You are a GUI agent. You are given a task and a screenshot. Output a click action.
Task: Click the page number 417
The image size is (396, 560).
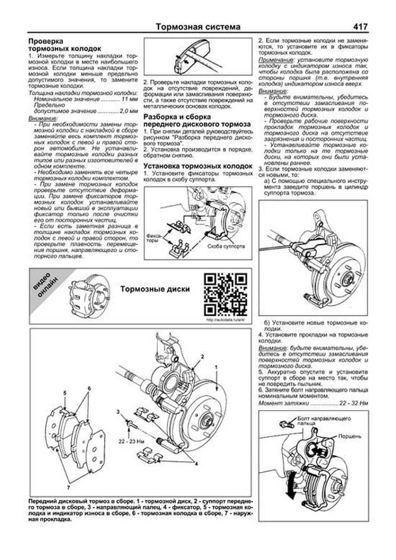click(x=360, y=27)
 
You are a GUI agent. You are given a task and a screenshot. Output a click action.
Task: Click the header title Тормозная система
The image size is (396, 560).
click(x=198, y=27)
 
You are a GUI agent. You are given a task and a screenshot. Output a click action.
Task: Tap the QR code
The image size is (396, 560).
click(x=225, y=294)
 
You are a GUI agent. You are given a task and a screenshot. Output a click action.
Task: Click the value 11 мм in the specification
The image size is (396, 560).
click(x=129, y=99)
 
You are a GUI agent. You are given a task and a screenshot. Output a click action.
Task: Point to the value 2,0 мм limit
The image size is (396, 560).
click(x=129, y=111)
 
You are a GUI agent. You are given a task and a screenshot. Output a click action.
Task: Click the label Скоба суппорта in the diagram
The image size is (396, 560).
click(x=226, y=246)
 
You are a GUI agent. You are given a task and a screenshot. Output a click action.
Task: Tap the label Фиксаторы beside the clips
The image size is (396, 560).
click(x=153, y=238)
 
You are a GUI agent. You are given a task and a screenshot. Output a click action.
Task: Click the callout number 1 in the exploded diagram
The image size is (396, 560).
click(x=216, y=367)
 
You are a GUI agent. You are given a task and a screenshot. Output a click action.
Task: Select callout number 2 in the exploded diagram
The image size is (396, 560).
click(x=202, y=356)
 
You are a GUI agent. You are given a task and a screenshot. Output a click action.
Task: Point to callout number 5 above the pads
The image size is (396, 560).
click(x=65, y=393)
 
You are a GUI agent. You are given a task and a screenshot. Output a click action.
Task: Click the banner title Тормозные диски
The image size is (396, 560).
click(x=155, y=289)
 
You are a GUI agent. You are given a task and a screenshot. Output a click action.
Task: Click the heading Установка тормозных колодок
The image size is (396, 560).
click(x=198, y=166)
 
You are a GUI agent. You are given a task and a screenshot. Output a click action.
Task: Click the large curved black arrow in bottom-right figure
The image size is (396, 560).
click(x=290, y=488)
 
